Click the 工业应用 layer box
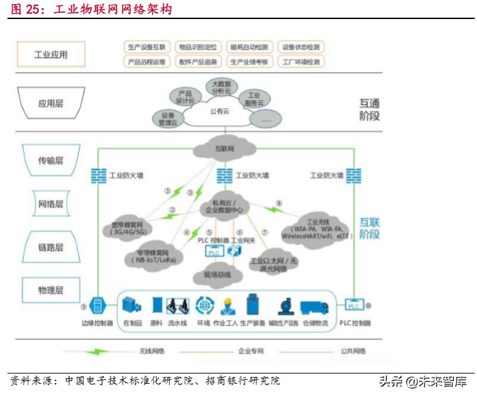tap(50, 54)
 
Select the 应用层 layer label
tap(50, 104)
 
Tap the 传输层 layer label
tap(50, 161)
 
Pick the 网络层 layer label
tap(50, 203)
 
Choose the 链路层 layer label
tap(50, 246)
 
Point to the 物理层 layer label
tap(50, 291)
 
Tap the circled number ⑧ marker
tap(278, 203)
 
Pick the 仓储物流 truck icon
tap(314, 306)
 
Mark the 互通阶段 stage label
tap(370, 110)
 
